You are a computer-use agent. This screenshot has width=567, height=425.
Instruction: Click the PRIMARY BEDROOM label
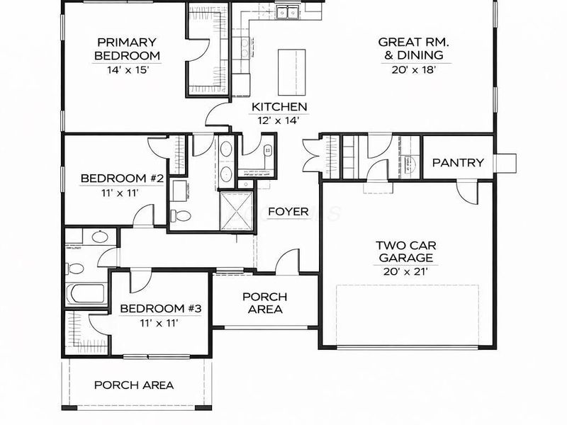pos(128,48)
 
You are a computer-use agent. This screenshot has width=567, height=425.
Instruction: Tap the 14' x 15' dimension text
pos(128,70)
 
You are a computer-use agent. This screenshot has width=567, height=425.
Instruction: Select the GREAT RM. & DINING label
pos(410,48)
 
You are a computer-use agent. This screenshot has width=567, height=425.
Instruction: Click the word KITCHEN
pos(279,107)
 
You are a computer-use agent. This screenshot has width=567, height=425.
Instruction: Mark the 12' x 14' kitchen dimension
pos(279,120)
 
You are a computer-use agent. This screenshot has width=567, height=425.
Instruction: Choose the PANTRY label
pos(458,163)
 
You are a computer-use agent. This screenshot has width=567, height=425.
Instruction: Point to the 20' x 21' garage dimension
pos(404,271)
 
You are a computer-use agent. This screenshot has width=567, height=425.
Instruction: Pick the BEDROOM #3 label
pos(161,309)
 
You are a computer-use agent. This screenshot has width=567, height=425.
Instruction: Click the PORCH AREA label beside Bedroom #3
pos(264,302)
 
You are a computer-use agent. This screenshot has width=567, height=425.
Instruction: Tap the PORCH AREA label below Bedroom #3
pos(134,385)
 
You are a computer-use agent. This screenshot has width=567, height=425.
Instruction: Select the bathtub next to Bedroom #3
pos(84,293)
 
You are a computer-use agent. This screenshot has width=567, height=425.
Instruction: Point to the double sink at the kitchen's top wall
pos(287,12)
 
